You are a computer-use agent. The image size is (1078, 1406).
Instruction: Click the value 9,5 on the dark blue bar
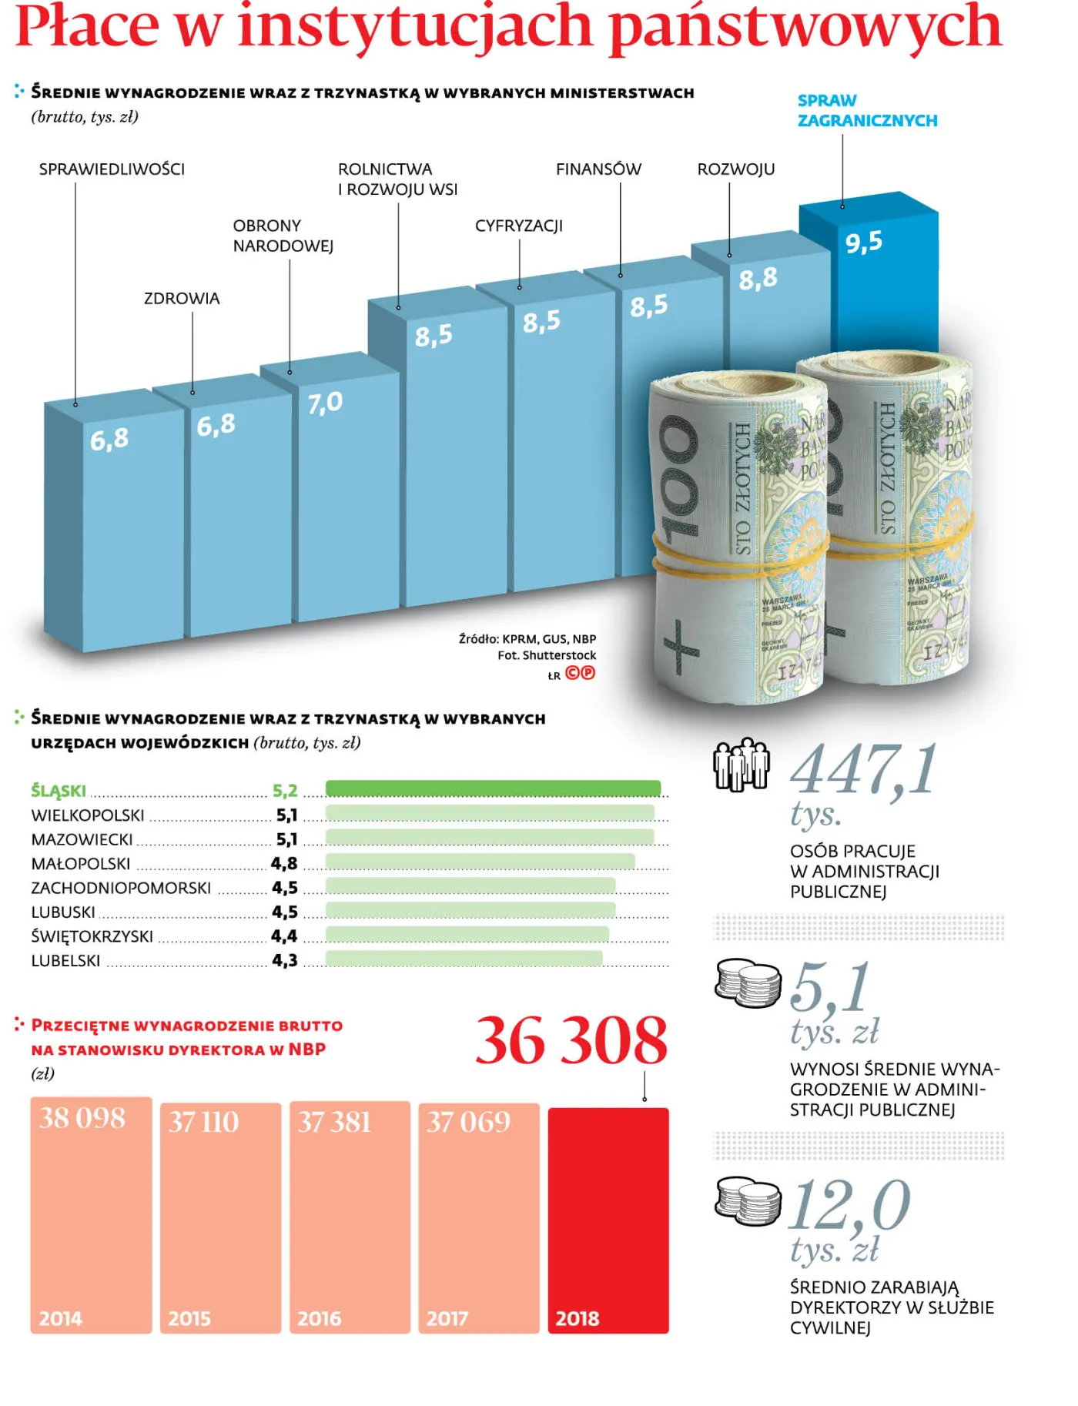click(863, 243)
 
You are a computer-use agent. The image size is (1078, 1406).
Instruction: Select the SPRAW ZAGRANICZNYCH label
click(866, 111)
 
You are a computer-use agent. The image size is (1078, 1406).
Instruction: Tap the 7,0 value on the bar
click(324, 403)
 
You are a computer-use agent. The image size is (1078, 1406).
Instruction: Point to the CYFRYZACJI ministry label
click(518, 226)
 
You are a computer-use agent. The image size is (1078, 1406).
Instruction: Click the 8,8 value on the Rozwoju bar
click(758, 279)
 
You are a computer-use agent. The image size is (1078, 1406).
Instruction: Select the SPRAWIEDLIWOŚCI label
click(112, 169)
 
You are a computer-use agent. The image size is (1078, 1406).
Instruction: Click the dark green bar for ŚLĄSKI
click(493, 788)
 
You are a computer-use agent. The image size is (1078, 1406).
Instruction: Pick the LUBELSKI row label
click(65, 961)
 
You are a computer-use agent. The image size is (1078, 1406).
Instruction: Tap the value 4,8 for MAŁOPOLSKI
click(283, 864)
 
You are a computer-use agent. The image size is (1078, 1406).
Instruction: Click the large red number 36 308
click(571, 1041)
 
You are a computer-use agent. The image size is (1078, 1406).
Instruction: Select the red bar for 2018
click(608, 1220)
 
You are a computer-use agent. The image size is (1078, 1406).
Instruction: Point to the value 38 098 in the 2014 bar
click(82, 1118)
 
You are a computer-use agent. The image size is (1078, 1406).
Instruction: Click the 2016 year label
click(319, 1319)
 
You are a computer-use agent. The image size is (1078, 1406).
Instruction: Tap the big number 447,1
click(864, 769)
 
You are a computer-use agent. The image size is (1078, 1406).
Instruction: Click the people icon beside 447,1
click(741, 765)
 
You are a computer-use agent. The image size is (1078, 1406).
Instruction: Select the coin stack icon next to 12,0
click(746, 1201)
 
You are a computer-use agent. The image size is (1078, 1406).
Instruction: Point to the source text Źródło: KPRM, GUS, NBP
click(527, 639)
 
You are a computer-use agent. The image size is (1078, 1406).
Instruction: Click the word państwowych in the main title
click(804, 27)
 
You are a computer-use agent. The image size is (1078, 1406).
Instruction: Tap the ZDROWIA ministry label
click(182, 299)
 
